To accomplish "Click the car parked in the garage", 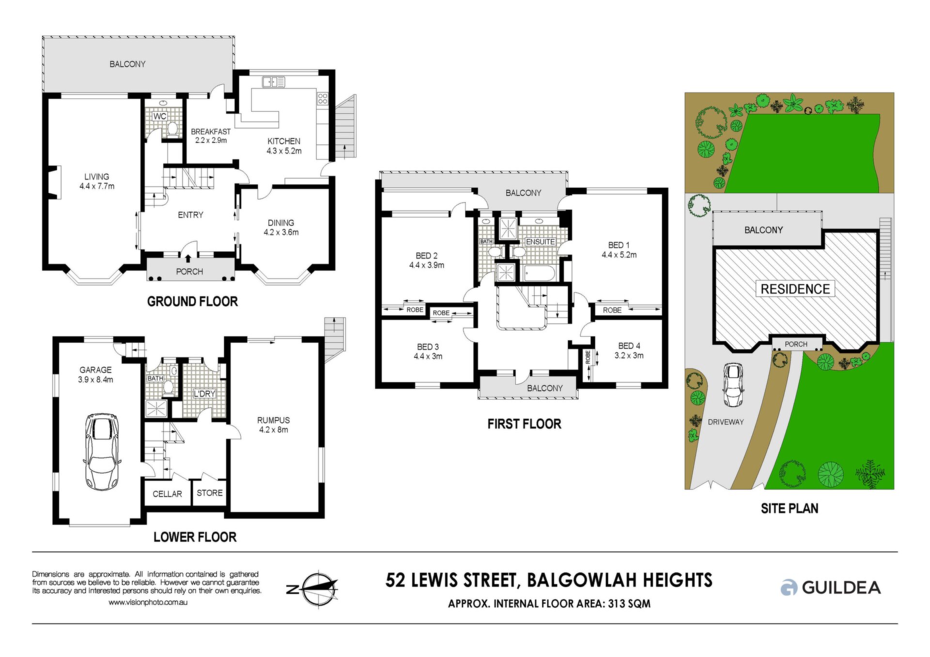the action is pyautogui.click(x=102, y=452).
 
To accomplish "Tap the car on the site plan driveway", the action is pyautogui.click(x=733, y=385).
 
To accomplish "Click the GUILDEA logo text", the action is pyautogui.click(x=841, y=587).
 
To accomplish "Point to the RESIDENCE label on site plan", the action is pyautogui.click(x=795, y=289).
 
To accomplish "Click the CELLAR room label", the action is pyautogui.click(x=167, y=494).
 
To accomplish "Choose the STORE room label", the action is pyautogui.click(x=210, y=493).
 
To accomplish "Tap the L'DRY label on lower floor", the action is pyautogui.click(x=204, y=394).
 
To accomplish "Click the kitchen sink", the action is pyautogui.click(x=274, y=82).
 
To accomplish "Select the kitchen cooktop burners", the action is pyautogui.click(x=323, y=99).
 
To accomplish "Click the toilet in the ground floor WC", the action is pyautogui.click(x=171, y=129).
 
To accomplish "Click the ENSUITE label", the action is pyautogui.click(x=541, y=242).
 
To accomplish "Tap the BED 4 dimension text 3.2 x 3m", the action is pyautogui.click(x=629, y=355).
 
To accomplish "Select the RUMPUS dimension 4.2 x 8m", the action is pyautogui.click(x=274, y=430).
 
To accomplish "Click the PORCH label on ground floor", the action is pyautogui.click(x=189, y=272).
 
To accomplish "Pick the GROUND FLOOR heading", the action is pyautogui.click(x=192, y=302).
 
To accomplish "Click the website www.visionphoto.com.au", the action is pyautogui.click(x=148, y=603).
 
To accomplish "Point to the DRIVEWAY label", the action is pyautogui.click(x=726, y=422).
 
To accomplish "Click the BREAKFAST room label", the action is pyautogui.click(x=211, y=132).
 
